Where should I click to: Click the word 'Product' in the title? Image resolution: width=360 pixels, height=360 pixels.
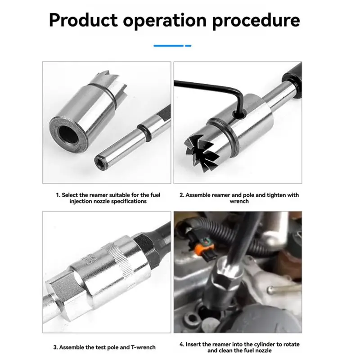coord(83,20)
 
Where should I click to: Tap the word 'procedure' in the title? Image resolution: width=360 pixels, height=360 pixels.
coord(256,21)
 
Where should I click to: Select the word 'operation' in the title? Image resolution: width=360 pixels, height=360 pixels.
coord(165,21)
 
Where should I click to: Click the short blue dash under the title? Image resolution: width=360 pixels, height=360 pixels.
coord(188,46)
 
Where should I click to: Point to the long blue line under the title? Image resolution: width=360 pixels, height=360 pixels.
coord(168,46)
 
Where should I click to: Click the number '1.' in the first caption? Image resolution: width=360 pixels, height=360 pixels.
coord(58,195)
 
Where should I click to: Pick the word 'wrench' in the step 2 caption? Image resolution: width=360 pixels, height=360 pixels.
coord(239,201)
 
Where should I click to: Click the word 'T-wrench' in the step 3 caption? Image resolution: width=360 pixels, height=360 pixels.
coord(143,347)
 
